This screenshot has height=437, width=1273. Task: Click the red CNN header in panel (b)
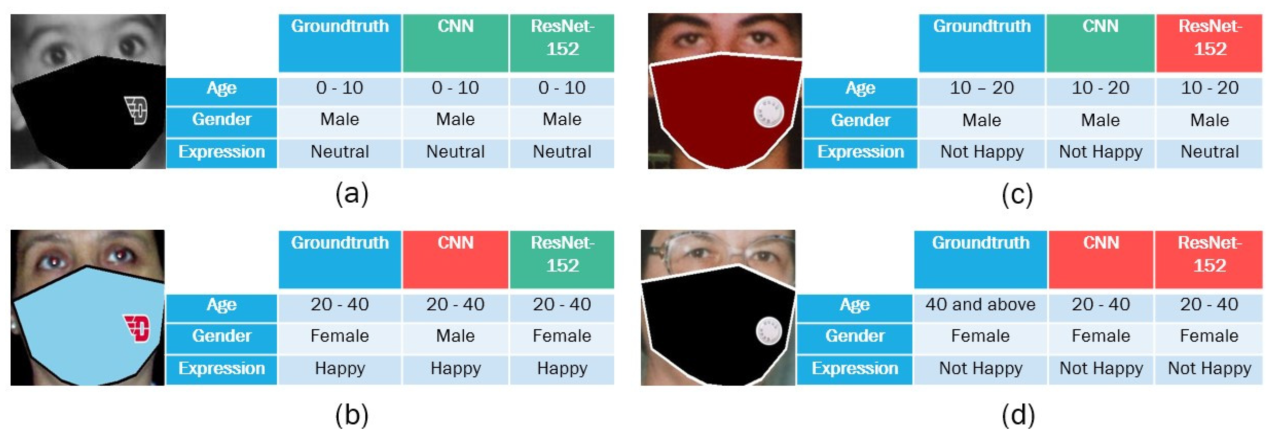(x=455, y=259)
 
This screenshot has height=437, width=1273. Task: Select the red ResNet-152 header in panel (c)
(x=1209, y=43)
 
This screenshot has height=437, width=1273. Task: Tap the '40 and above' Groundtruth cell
(x=980, y=304)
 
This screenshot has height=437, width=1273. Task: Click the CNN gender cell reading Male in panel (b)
(x=455, y=336)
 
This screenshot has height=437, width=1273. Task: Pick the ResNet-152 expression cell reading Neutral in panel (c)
(x=1209, y=152)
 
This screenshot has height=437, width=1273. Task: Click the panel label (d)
(x=1018, y=415)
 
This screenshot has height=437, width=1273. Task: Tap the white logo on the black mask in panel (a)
(x=136, y=111)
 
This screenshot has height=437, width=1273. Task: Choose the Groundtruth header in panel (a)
(x=339, y=43)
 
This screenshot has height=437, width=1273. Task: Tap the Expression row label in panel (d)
(x=854, y=368)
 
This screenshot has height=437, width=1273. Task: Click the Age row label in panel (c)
(x=860, y=88)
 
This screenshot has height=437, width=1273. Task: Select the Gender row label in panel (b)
(x=221, y=336)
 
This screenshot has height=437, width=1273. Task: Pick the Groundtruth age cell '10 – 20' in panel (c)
(x=981, y=88)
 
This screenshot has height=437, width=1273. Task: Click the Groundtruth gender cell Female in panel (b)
(x=339, y=336)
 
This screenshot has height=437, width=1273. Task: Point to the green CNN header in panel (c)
(x=1100, y=43)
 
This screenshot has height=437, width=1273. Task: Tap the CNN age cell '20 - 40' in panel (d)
(x=1101, y=304)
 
